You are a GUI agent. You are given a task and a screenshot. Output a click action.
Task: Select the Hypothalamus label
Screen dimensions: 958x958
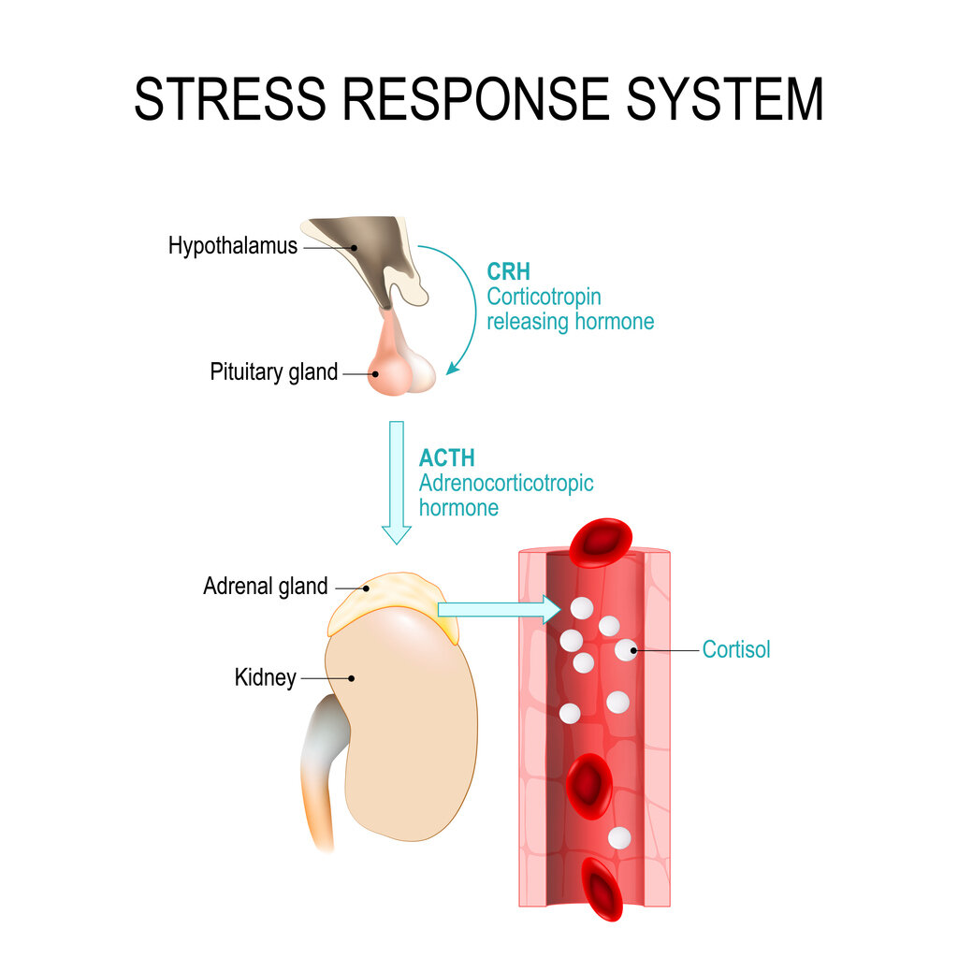[x=233, y=246]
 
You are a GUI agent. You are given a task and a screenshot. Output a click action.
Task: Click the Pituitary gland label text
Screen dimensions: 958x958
[x=273, y=371]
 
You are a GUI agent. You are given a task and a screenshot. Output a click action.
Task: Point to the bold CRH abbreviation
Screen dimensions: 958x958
[x=508, y=272]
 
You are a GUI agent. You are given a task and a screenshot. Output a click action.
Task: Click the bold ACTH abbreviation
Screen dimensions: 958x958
[x=446, y=458]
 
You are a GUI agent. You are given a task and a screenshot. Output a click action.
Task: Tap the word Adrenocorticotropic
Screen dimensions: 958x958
[x=506, y=484]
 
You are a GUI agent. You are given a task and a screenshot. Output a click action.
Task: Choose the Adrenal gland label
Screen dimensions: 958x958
[x=266, y=587]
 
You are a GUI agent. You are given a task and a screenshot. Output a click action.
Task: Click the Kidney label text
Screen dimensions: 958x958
[x=265, y=677]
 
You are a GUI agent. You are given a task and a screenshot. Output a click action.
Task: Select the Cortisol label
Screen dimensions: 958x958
[x=736, y=649]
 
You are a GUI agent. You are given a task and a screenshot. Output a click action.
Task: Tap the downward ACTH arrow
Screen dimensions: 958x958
[x=397, y=482]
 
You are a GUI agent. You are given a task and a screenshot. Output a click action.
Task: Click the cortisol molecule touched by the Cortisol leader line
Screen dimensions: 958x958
[x=626, y=649]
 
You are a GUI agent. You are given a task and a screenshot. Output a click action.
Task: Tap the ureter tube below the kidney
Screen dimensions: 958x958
[x=318, y=777]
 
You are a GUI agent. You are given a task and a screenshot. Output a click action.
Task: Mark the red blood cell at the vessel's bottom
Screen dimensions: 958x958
[x=601, y=889]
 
